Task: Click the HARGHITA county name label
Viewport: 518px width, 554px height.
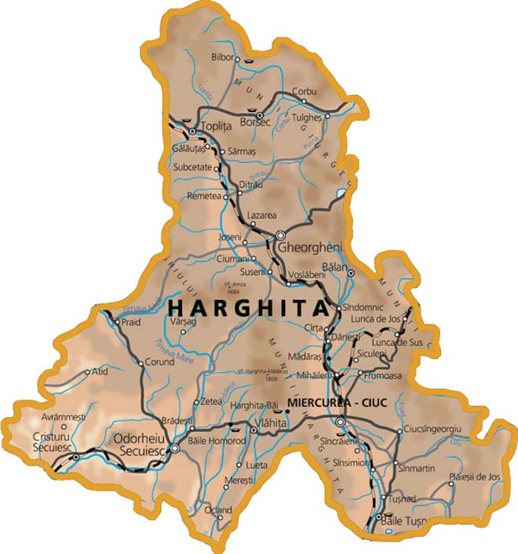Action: coord(248,307)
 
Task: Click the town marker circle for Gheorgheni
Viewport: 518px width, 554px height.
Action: coord(280,234)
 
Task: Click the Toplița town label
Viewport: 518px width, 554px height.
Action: coord(217,125)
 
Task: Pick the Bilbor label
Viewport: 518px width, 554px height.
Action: coord(224,57)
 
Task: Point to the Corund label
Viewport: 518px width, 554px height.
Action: coord(159,362)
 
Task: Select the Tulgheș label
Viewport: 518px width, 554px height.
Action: coord(308,118)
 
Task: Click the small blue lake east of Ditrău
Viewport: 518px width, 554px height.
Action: coord(340,192)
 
